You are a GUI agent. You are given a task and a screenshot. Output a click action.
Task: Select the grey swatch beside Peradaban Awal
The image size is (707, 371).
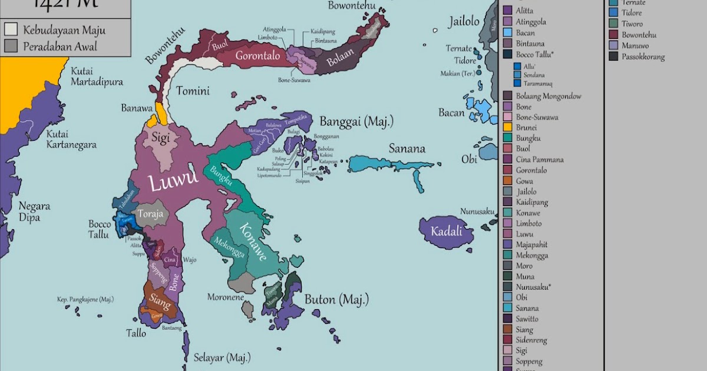[x=11, y=46]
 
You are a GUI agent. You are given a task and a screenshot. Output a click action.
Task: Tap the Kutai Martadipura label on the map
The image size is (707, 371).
[x=97, y=77]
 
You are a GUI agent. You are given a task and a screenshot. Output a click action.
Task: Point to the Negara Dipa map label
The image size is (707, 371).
[x=34, y=212]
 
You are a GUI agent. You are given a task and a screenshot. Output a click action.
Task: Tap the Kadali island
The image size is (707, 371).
[x=446, y=231]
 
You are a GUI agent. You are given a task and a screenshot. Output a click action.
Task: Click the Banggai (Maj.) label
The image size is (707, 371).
[x=356, y=122]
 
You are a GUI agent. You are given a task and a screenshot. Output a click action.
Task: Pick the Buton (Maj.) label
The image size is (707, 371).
[x=336, y=299]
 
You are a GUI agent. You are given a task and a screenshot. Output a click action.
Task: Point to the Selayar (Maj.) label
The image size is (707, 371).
[x=222, y=357]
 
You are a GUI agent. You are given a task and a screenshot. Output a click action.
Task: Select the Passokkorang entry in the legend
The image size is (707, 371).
[x=643, y=57]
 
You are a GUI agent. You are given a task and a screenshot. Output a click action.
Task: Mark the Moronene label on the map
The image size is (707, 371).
[x=225, y=297]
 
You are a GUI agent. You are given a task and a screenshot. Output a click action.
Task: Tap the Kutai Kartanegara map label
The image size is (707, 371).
[x=71, y=139]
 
